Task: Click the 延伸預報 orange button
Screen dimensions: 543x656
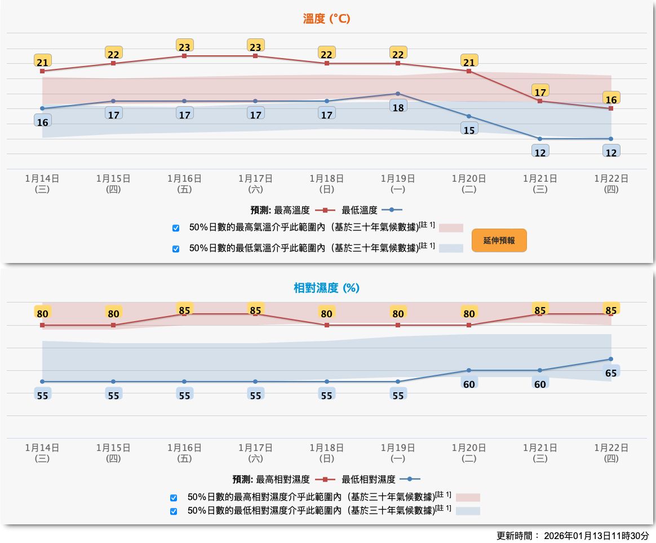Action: coord(499,240)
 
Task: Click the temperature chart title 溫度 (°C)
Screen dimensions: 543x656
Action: coord(327,19)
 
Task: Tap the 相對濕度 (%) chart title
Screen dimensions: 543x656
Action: coord(327,288)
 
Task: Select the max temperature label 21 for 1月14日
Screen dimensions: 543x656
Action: coord(43,62)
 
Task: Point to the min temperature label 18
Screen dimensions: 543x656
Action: coord(398,107)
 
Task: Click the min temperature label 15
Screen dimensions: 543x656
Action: coord(469,129)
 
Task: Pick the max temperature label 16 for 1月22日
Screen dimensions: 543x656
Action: coord(611,99)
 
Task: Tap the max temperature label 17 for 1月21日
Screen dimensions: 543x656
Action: coord(540,91)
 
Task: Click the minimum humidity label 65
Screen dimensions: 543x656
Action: coord(611,372)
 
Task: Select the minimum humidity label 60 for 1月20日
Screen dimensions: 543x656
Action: coord(469,384)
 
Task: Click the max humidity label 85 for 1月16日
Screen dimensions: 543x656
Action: coord(184,310)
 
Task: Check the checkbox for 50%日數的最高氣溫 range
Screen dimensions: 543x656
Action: coord(176,228)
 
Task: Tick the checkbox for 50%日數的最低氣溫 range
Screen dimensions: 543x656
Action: coord(176,248)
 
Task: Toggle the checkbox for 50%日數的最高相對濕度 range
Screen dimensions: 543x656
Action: coord(174,498)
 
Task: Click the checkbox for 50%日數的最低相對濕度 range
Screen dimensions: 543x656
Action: coord(174,511)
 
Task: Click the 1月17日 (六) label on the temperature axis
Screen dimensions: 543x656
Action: coord(255,183)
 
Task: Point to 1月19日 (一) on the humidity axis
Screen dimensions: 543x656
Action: coord(398,453)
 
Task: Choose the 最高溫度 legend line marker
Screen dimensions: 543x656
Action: coord(325,210)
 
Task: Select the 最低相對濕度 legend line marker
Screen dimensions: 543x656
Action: coord(410,479)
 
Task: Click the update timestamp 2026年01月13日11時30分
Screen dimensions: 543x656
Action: coord(596,536)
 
